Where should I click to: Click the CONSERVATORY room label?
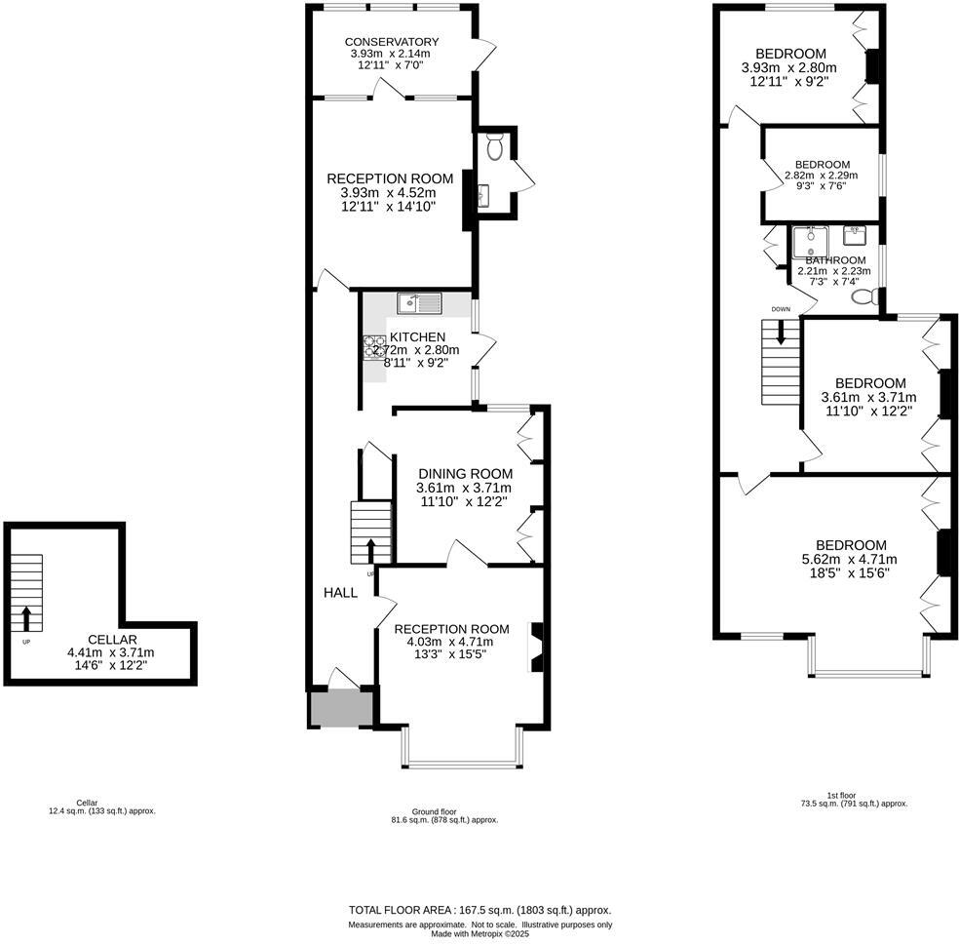tap(392, 42)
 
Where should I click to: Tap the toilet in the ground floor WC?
tap(495, 146)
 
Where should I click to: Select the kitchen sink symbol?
tap(419, 303)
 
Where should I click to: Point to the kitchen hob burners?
tap(374, 347)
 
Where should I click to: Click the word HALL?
tap(341, 592)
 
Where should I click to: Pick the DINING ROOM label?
tap(466, 474)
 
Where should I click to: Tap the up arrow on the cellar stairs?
tap(25, 618)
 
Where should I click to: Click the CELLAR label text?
tap(112, 640)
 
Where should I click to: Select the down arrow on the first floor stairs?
tap(781, 333)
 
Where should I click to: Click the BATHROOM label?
tap(835, 260)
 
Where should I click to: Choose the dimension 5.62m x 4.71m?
tap(850, 559)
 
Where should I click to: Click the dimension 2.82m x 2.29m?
tap(822, 175)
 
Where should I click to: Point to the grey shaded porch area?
tap(341, 708)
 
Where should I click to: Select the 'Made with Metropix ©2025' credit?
tap(480, 934)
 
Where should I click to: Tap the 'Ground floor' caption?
tap(434, 811)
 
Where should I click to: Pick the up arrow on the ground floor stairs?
tap(370, 551)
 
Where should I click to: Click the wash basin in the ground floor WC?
tap(483, 196)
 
